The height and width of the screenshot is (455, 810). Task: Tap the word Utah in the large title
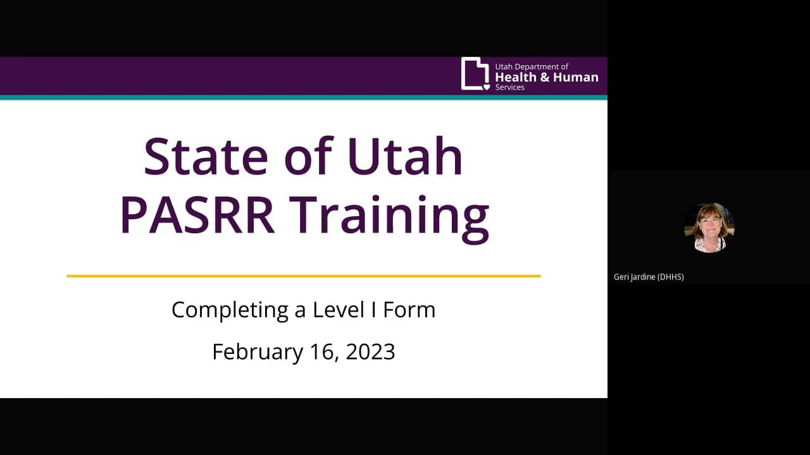pos(405,156)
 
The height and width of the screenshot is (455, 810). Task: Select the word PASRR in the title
pos(197,215)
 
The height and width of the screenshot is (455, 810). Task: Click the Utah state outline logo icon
pos(475,74)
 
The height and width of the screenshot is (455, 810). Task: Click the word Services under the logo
pos(510,87)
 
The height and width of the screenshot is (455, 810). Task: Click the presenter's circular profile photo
pos(709,227)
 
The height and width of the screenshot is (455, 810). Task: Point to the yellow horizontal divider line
pos(304,276)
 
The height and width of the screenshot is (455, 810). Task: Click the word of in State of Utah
pos(308,156)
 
